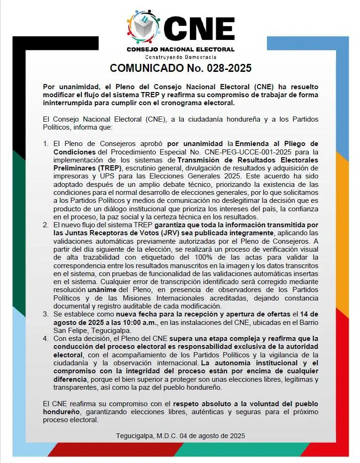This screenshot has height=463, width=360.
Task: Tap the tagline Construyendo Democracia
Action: point(180,57)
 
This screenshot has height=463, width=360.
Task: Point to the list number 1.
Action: point(46,143)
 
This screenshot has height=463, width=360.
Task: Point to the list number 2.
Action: point(46,225)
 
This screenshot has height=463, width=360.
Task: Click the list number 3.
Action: point(46,314)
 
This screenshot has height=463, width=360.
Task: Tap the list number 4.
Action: point(46,338)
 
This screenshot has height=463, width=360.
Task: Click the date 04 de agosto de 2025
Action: point(215,436)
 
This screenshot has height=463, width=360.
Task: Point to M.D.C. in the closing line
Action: point(170,436)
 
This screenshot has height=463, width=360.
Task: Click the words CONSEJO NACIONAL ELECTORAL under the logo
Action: point(180,49)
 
